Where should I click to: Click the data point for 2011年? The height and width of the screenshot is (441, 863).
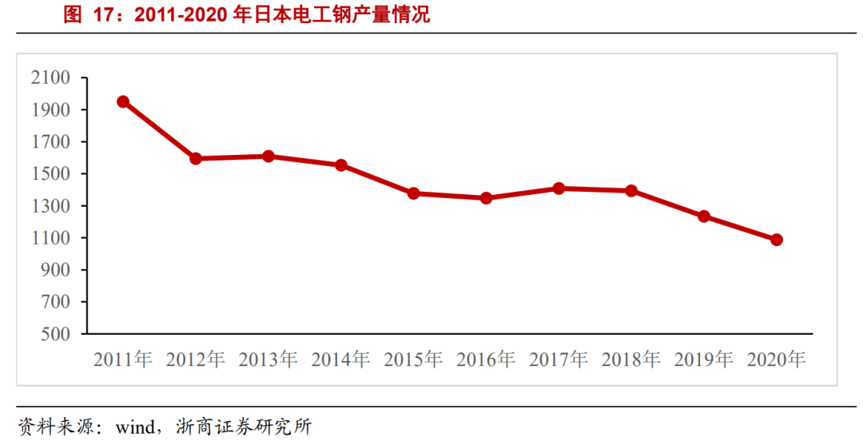[123, 101]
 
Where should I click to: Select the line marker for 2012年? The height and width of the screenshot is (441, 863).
[196, 158]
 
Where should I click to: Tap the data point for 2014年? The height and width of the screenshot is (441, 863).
[340, 165]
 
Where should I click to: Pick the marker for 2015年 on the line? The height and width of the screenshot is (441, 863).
[413, 193]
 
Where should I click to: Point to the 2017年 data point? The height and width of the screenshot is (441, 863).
[559, 189]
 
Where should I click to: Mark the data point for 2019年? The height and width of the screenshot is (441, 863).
[704, 217]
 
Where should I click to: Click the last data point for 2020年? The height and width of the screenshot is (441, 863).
[776, 240]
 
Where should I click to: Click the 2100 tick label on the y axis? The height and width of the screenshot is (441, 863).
[50, 77]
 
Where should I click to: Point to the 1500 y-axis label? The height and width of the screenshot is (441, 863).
[50, 174]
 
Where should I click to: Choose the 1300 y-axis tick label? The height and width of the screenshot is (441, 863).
[50, 206]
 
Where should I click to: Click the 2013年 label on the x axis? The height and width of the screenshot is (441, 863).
[268, 360]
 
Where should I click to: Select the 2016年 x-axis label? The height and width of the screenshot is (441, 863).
[486, 360]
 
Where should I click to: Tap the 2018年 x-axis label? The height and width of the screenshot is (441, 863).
[631, 360]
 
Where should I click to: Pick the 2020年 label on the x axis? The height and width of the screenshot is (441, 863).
[776, 360]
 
